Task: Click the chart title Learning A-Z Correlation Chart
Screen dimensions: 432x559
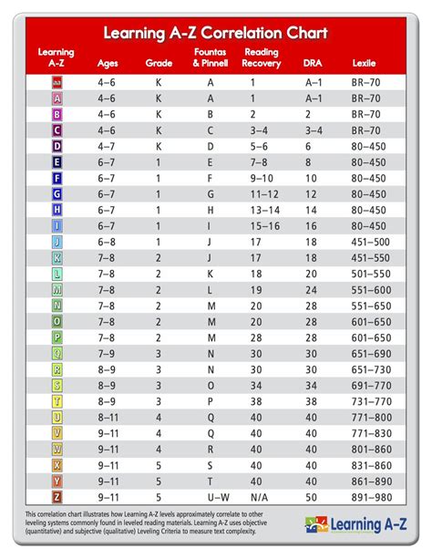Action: coord(215,34)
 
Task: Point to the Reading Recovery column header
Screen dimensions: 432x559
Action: coord(262,58)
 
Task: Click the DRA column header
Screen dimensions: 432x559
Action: coord(313,64)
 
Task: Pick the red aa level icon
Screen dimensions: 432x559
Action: coord(57,81)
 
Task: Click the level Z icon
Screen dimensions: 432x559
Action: coord(57,497)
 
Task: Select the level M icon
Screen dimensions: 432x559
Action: coord(57,289)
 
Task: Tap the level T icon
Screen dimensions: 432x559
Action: coord(57,401)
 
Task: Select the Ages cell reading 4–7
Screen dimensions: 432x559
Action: coord(107,145)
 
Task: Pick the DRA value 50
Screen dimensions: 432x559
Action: coord(312,497)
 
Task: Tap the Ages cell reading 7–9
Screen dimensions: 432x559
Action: coord(107,353)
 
